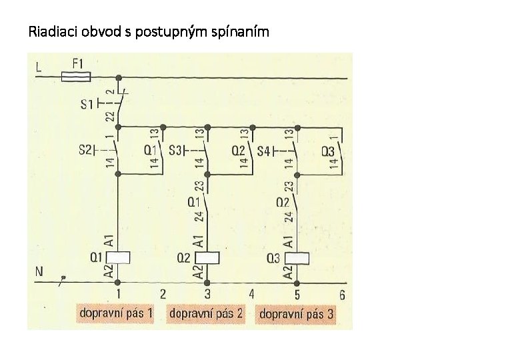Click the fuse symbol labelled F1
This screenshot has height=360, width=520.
(x=76, y=77)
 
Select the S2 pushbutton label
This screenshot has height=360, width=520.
(x=87, y=151)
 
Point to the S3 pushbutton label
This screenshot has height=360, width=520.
(x=176, y=151)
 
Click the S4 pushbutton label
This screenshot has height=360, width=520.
(x=264, y=151)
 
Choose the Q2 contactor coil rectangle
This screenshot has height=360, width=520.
(x=208, y=258)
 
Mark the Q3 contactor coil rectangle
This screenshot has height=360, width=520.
(x=297, y=258)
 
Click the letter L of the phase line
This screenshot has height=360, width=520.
(x=39, y=67)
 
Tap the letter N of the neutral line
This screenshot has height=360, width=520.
(x=39, y=272)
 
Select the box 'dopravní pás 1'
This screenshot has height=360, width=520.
(x=116, y=313)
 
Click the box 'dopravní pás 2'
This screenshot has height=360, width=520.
(x=206, y=313)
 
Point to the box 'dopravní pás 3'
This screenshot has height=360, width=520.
(x=296, y=313)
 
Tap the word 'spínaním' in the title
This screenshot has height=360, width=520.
(x=241, y=31)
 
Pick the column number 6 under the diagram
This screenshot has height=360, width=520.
(x=341, y=294)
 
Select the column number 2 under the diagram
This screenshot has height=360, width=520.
(x=163, y=294)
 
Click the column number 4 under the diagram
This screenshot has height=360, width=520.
(x=251, y=294)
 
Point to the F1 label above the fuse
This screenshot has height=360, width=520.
(x=77, y=63)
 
